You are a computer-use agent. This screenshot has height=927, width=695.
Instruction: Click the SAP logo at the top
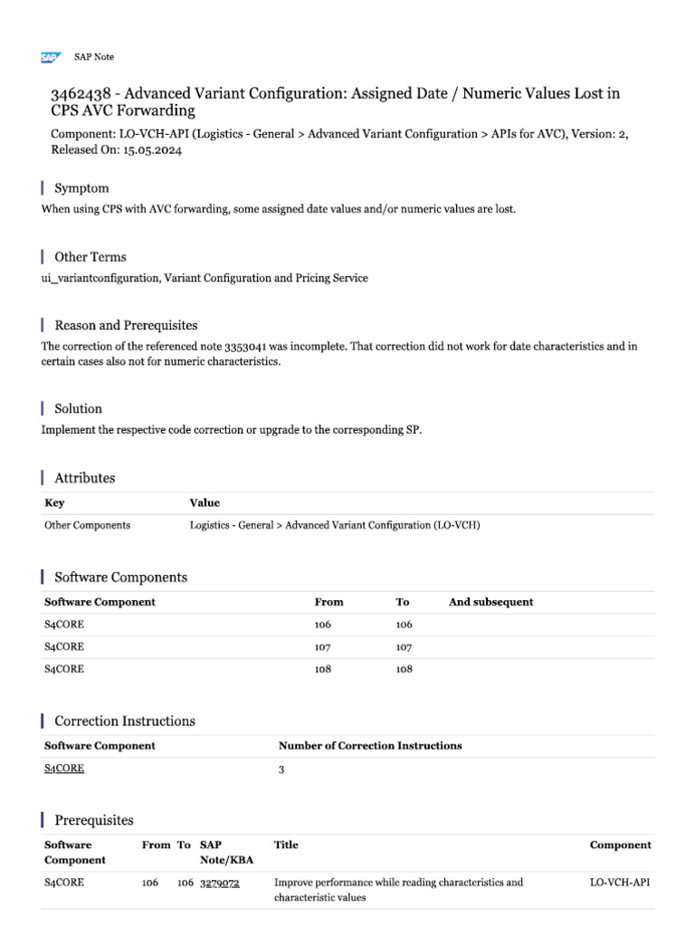(x=50, y=57)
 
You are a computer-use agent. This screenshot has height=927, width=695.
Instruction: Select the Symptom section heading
(x=81, y=188)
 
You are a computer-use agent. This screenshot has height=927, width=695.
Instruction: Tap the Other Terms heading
(x=90, y=257)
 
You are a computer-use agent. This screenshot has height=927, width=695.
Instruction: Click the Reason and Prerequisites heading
(x=126, y=325)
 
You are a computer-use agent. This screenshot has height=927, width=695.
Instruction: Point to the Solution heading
(x=78, y=408)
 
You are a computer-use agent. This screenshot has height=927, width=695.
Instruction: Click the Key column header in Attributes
(x=54, y=502)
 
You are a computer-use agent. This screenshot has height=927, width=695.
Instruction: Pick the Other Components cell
(x=87, y=525)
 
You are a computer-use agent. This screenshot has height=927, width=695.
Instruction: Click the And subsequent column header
(x=490, y=602)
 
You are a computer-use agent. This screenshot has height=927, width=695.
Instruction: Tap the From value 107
(x=323, y=647)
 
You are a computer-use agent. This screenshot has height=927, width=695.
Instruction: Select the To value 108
(x=404, y=669)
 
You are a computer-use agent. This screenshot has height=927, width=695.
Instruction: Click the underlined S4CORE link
(x=64, y=769)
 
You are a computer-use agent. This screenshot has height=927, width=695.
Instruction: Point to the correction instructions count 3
(x=281, y=769)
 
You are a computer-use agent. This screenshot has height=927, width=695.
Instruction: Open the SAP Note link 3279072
(x=220, y=883)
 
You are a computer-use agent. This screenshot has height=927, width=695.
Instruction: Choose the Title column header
(x=286, y=845)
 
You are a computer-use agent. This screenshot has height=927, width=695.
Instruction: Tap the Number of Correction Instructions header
(x=370, y=746)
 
